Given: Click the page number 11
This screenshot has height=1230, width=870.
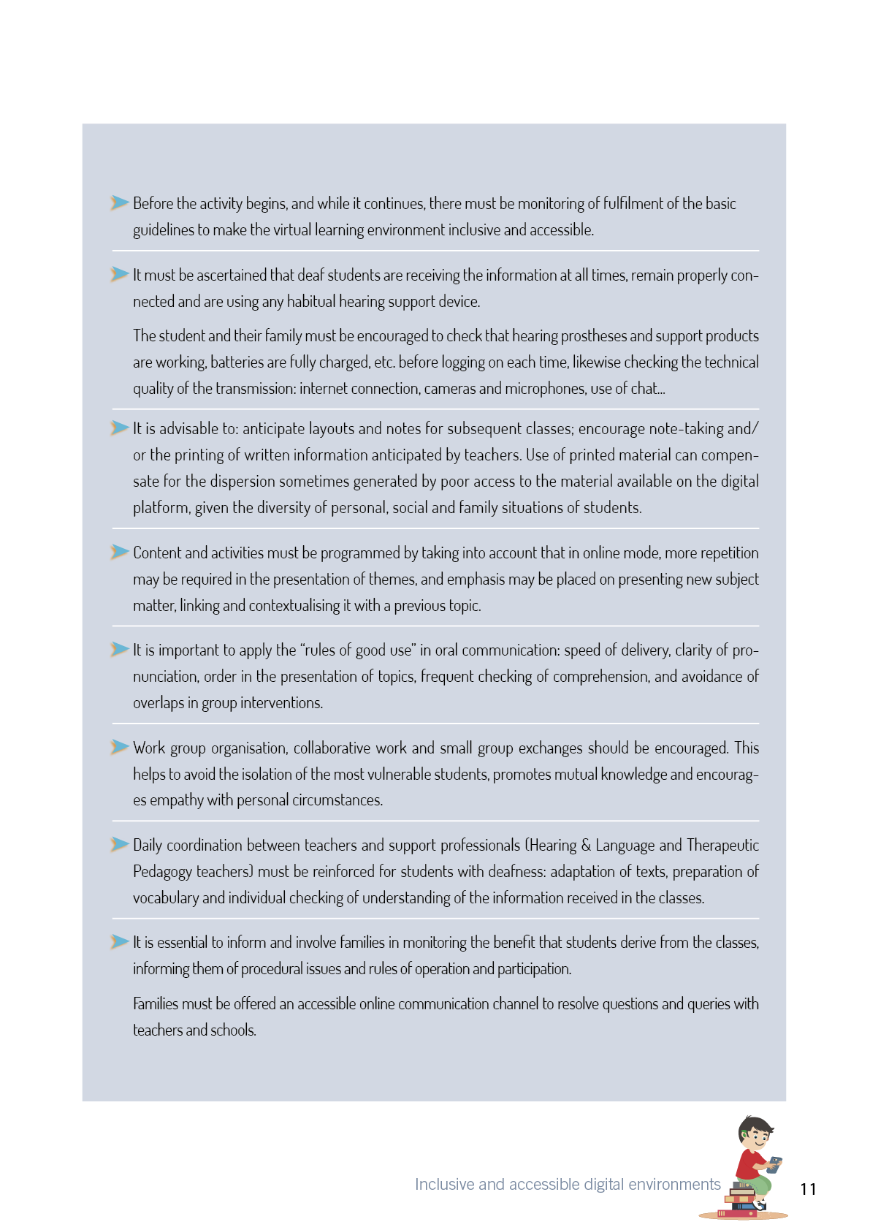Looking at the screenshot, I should click(808, 1189).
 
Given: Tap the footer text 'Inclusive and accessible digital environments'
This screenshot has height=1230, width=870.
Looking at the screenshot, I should click(568, 1184).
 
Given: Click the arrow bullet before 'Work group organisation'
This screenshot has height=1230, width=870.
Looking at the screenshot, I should click(119, 747).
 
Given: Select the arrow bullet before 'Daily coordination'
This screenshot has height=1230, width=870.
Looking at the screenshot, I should click(119, 844).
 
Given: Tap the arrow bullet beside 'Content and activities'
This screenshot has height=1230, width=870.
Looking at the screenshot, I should click(119, 552).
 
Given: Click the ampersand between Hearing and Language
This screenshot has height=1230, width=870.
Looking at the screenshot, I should click(586, 846).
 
